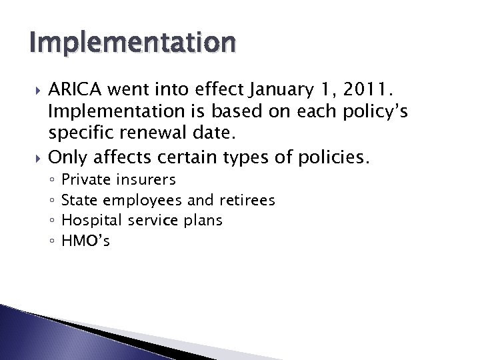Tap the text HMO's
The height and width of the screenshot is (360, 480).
click(x=85, y=241)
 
